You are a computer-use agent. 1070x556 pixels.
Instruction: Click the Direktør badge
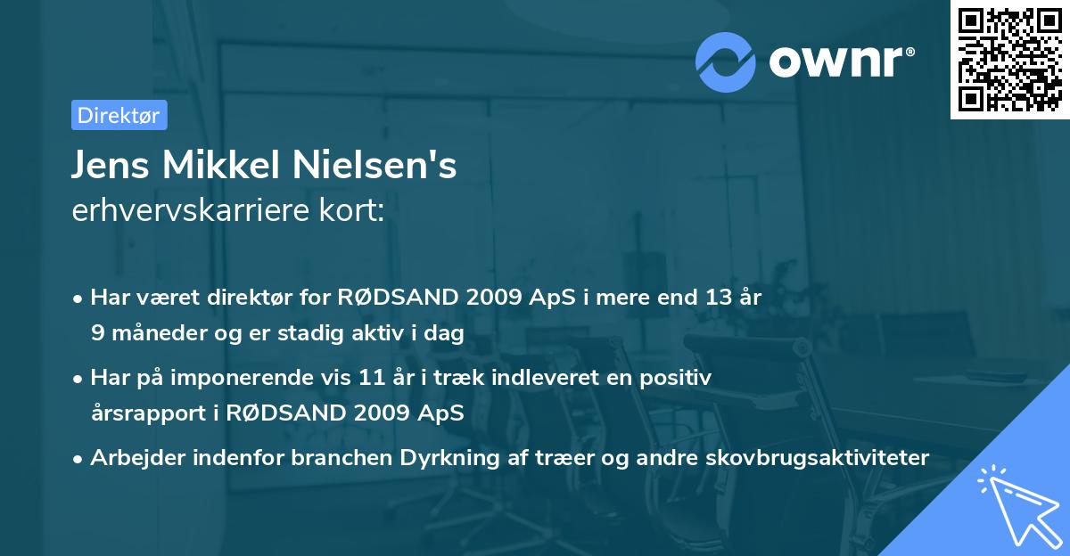[x=119, y=115]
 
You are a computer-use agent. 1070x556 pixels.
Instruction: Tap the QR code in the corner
[x=1008, y=60]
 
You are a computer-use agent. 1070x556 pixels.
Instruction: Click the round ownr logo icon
[x=726, y=62]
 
